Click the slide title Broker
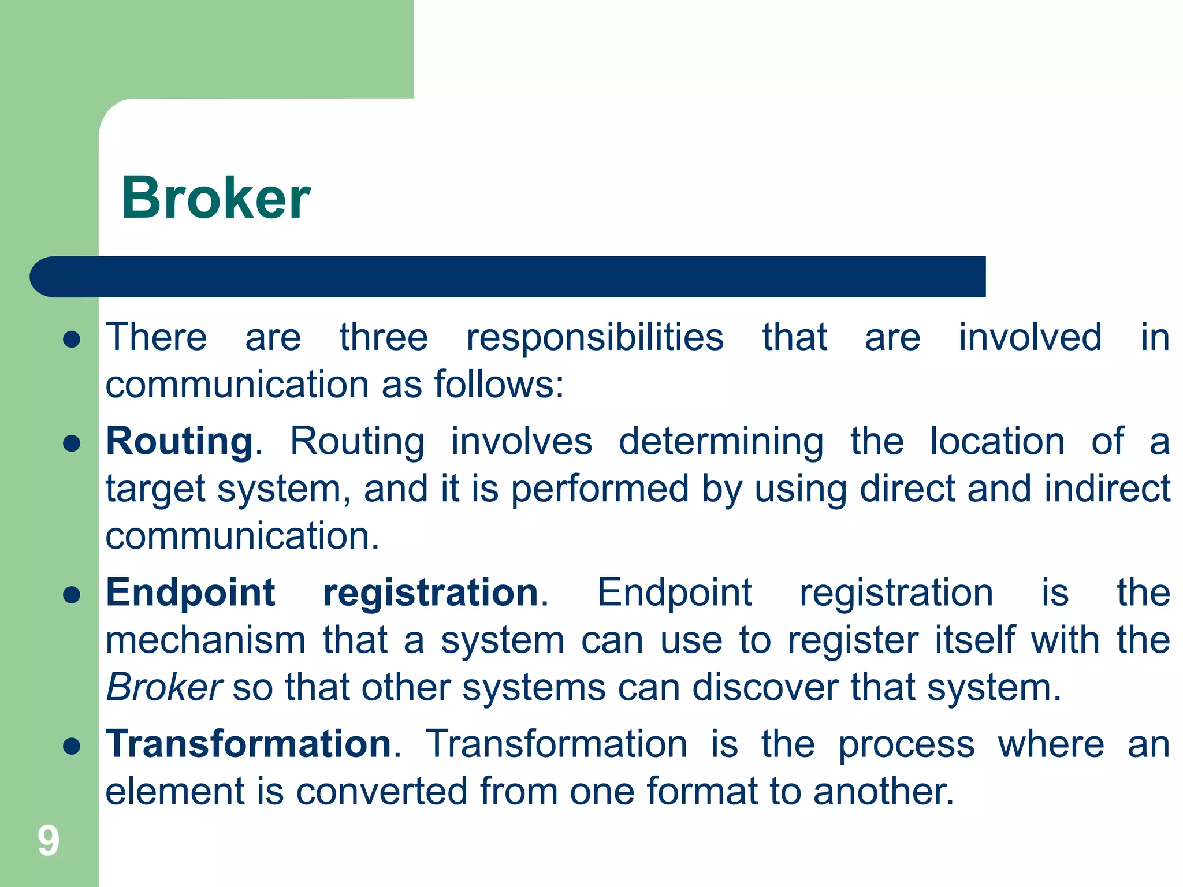215,198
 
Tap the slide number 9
49,840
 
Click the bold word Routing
180,442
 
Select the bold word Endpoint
191,593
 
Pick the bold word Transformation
249,744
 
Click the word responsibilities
595,337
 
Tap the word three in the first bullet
384,337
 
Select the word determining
721,442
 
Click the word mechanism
206,640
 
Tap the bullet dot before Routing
71,443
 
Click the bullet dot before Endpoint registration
71,595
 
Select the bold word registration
431,593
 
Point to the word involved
1030,337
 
